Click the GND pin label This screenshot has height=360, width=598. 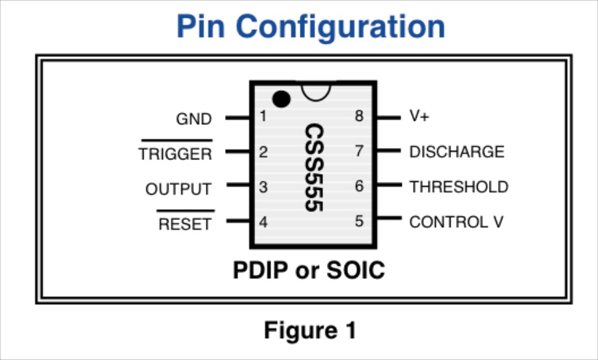point(193,119)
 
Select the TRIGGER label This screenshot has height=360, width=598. point(175,154)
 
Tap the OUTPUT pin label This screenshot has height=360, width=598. point(178,189)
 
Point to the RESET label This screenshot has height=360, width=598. point(185,225)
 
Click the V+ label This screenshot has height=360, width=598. point(419,116)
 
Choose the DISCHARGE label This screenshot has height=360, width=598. point(456,151)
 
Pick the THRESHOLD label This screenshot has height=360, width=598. point(458,187)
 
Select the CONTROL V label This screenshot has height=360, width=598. point(456,222)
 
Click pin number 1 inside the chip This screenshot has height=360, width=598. point(263,117)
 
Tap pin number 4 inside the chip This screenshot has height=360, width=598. point(263,222)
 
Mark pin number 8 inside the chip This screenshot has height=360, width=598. point(359,116)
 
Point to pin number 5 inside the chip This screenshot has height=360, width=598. point(359,221)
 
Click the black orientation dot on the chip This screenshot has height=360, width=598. point(282,99)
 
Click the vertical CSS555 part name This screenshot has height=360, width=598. point(314,167)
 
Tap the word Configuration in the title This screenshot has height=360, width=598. point(341,27)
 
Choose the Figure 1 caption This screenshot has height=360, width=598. point(310,330)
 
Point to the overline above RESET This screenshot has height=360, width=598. point(185,211)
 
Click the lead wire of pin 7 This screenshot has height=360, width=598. point(389,151)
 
